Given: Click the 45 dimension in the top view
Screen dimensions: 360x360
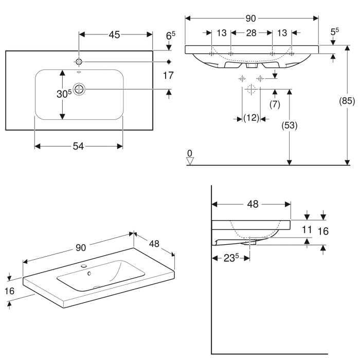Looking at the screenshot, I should [114, 34].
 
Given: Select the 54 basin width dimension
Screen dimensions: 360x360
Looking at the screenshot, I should [78, 147].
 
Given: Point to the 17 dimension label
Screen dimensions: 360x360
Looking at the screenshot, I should [168, 76].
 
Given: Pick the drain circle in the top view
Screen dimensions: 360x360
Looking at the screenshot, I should [79, 89].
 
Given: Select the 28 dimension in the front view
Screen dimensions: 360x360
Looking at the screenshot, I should [250, 33].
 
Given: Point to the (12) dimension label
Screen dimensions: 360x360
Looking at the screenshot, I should [250, 118].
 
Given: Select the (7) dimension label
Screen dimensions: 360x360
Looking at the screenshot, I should [275, 104].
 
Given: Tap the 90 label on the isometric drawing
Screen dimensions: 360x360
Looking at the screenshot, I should [81, 248].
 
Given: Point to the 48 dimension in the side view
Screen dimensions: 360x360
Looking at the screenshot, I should [252, 204].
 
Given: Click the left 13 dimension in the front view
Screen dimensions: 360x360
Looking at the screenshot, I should [221, 33].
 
